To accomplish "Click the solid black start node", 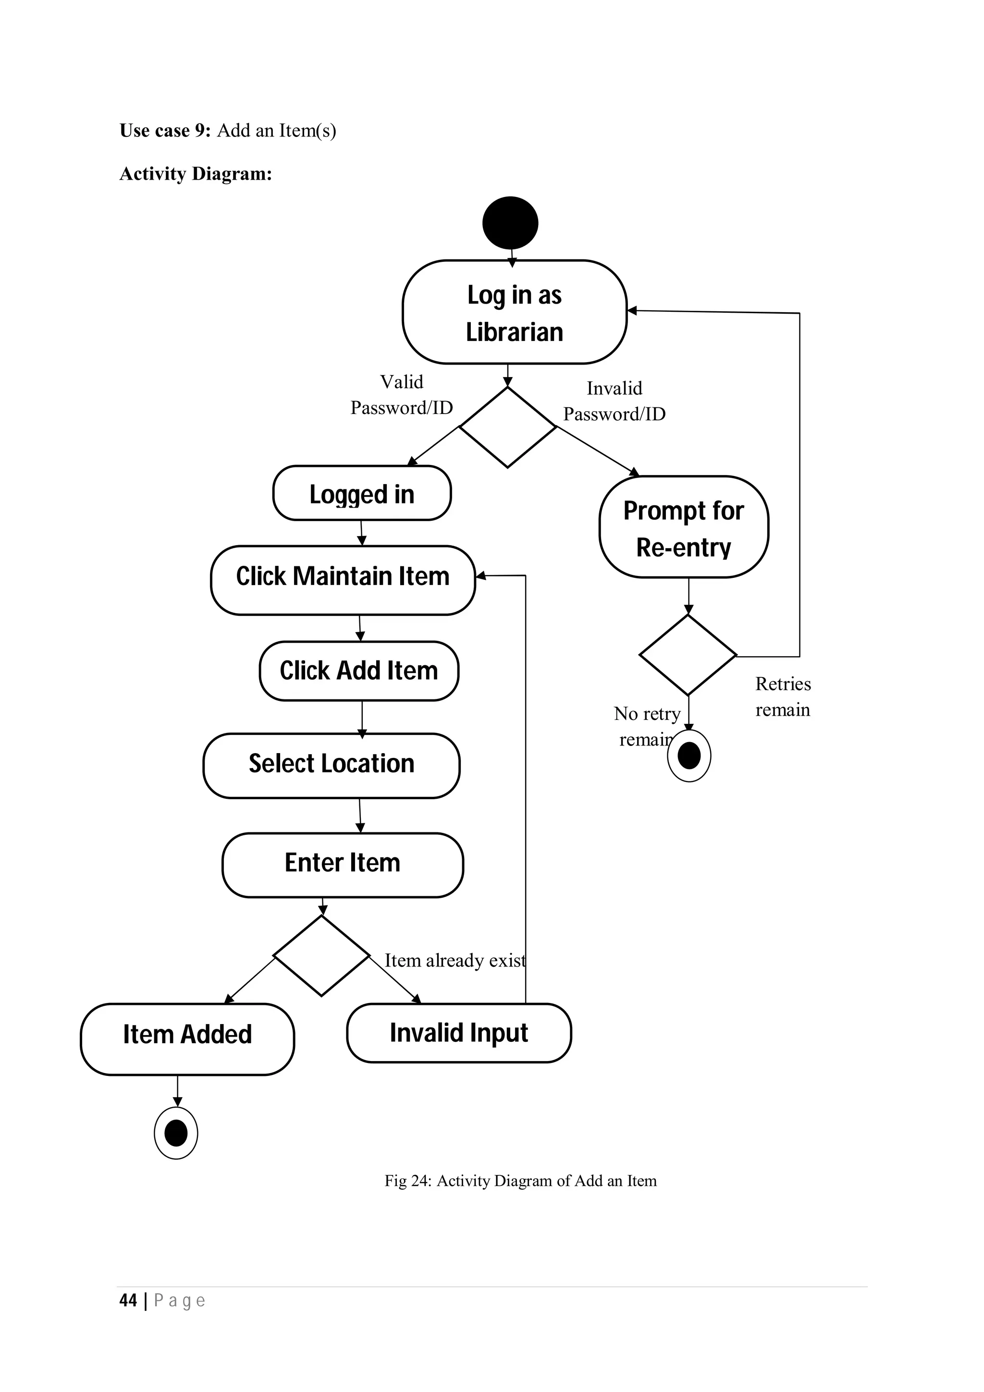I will point(510,222).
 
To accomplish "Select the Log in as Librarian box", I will point(514,312).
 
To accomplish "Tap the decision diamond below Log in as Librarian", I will point(507,427).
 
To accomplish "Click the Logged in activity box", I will point(362,493).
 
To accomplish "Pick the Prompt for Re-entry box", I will point(683,527).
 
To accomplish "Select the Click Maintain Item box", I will point(343,580).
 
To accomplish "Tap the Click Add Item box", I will point(359,671).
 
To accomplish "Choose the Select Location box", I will point(331,765).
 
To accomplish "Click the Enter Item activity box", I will point(343,865).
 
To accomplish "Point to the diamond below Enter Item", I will point(321,955).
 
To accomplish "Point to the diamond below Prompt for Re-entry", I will point(688,655).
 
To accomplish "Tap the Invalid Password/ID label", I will point(614,401).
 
